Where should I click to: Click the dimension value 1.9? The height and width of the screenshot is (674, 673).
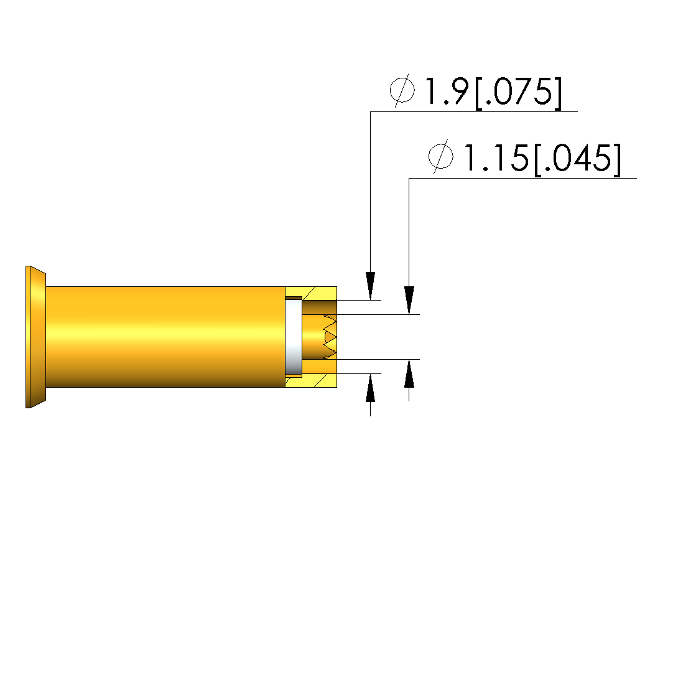[447, 91]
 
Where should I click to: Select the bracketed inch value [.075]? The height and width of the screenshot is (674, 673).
[518, 93]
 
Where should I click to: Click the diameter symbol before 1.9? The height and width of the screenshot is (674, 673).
[402, 90]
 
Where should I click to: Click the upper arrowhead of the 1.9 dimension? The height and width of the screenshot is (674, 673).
[370, 286]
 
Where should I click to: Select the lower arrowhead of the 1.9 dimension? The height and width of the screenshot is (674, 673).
[370, 388]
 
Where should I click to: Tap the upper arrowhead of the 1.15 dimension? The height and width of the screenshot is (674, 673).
[409, 301]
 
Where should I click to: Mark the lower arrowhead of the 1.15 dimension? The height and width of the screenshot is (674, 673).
[409, 373]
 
